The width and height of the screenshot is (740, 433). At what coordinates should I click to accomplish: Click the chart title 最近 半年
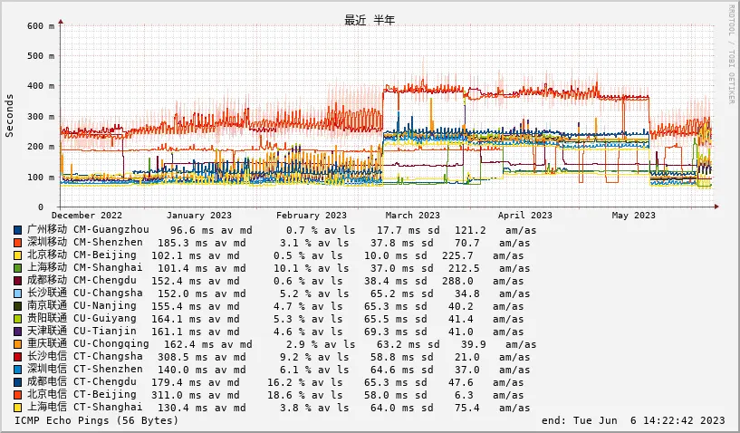point(370,20)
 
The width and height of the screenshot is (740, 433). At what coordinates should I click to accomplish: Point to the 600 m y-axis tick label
point(41,26)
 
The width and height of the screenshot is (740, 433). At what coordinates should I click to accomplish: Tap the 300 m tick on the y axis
point(41,117)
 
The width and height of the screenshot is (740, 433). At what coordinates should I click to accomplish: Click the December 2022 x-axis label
point(87,216)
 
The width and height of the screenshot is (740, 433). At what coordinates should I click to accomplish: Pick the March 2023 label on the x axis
point(412,216)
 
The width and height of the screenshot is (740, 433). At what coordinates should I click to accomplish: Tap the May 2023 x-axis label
point(633,216)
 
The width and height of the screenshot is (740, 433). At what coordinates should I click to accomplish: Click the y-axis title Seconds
point(10,115)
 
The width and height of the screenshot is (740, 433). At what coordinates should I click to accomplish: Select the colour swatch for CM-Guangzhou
point(18,230)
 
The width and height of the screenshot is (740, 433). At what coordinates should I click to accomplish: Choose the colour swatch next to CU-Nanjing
point(18,306)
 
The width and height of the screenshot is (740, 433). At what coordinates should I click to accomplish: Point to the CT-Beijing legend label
point(108,395)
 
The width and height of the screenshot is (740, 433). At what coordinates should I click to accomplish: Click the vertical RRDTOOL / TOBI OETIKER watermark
point(731,54)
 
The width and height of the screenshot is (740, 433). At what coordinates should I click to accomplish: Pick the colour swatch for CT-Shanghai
point(18,408)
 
